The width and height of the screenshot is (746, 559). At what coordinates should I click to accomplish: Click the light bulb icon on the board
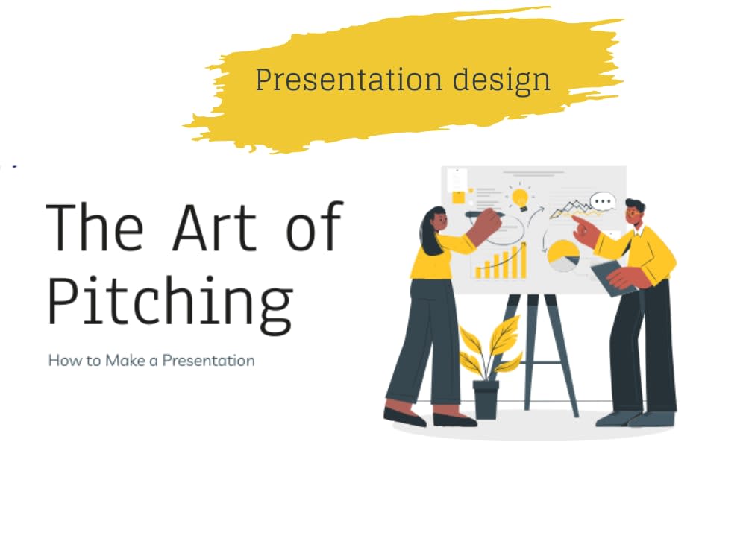click(x=520, y=198)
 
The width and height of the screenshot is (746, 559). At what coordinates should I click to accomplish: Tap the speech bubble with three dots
click(x=603, y=201)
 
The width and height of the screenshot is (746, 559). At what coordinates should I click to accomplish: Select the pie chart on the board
click(x=563, y=256)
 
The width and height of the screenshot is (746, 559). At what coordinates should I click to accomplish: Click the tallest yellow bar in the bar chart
click(x=523, y=260)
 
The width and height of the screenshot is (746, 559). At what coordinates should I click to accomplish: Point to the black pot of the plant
click(x=486, y=399)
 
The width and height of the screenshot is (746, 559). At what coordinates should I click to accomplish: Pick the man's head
click(x=634, y=214)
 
